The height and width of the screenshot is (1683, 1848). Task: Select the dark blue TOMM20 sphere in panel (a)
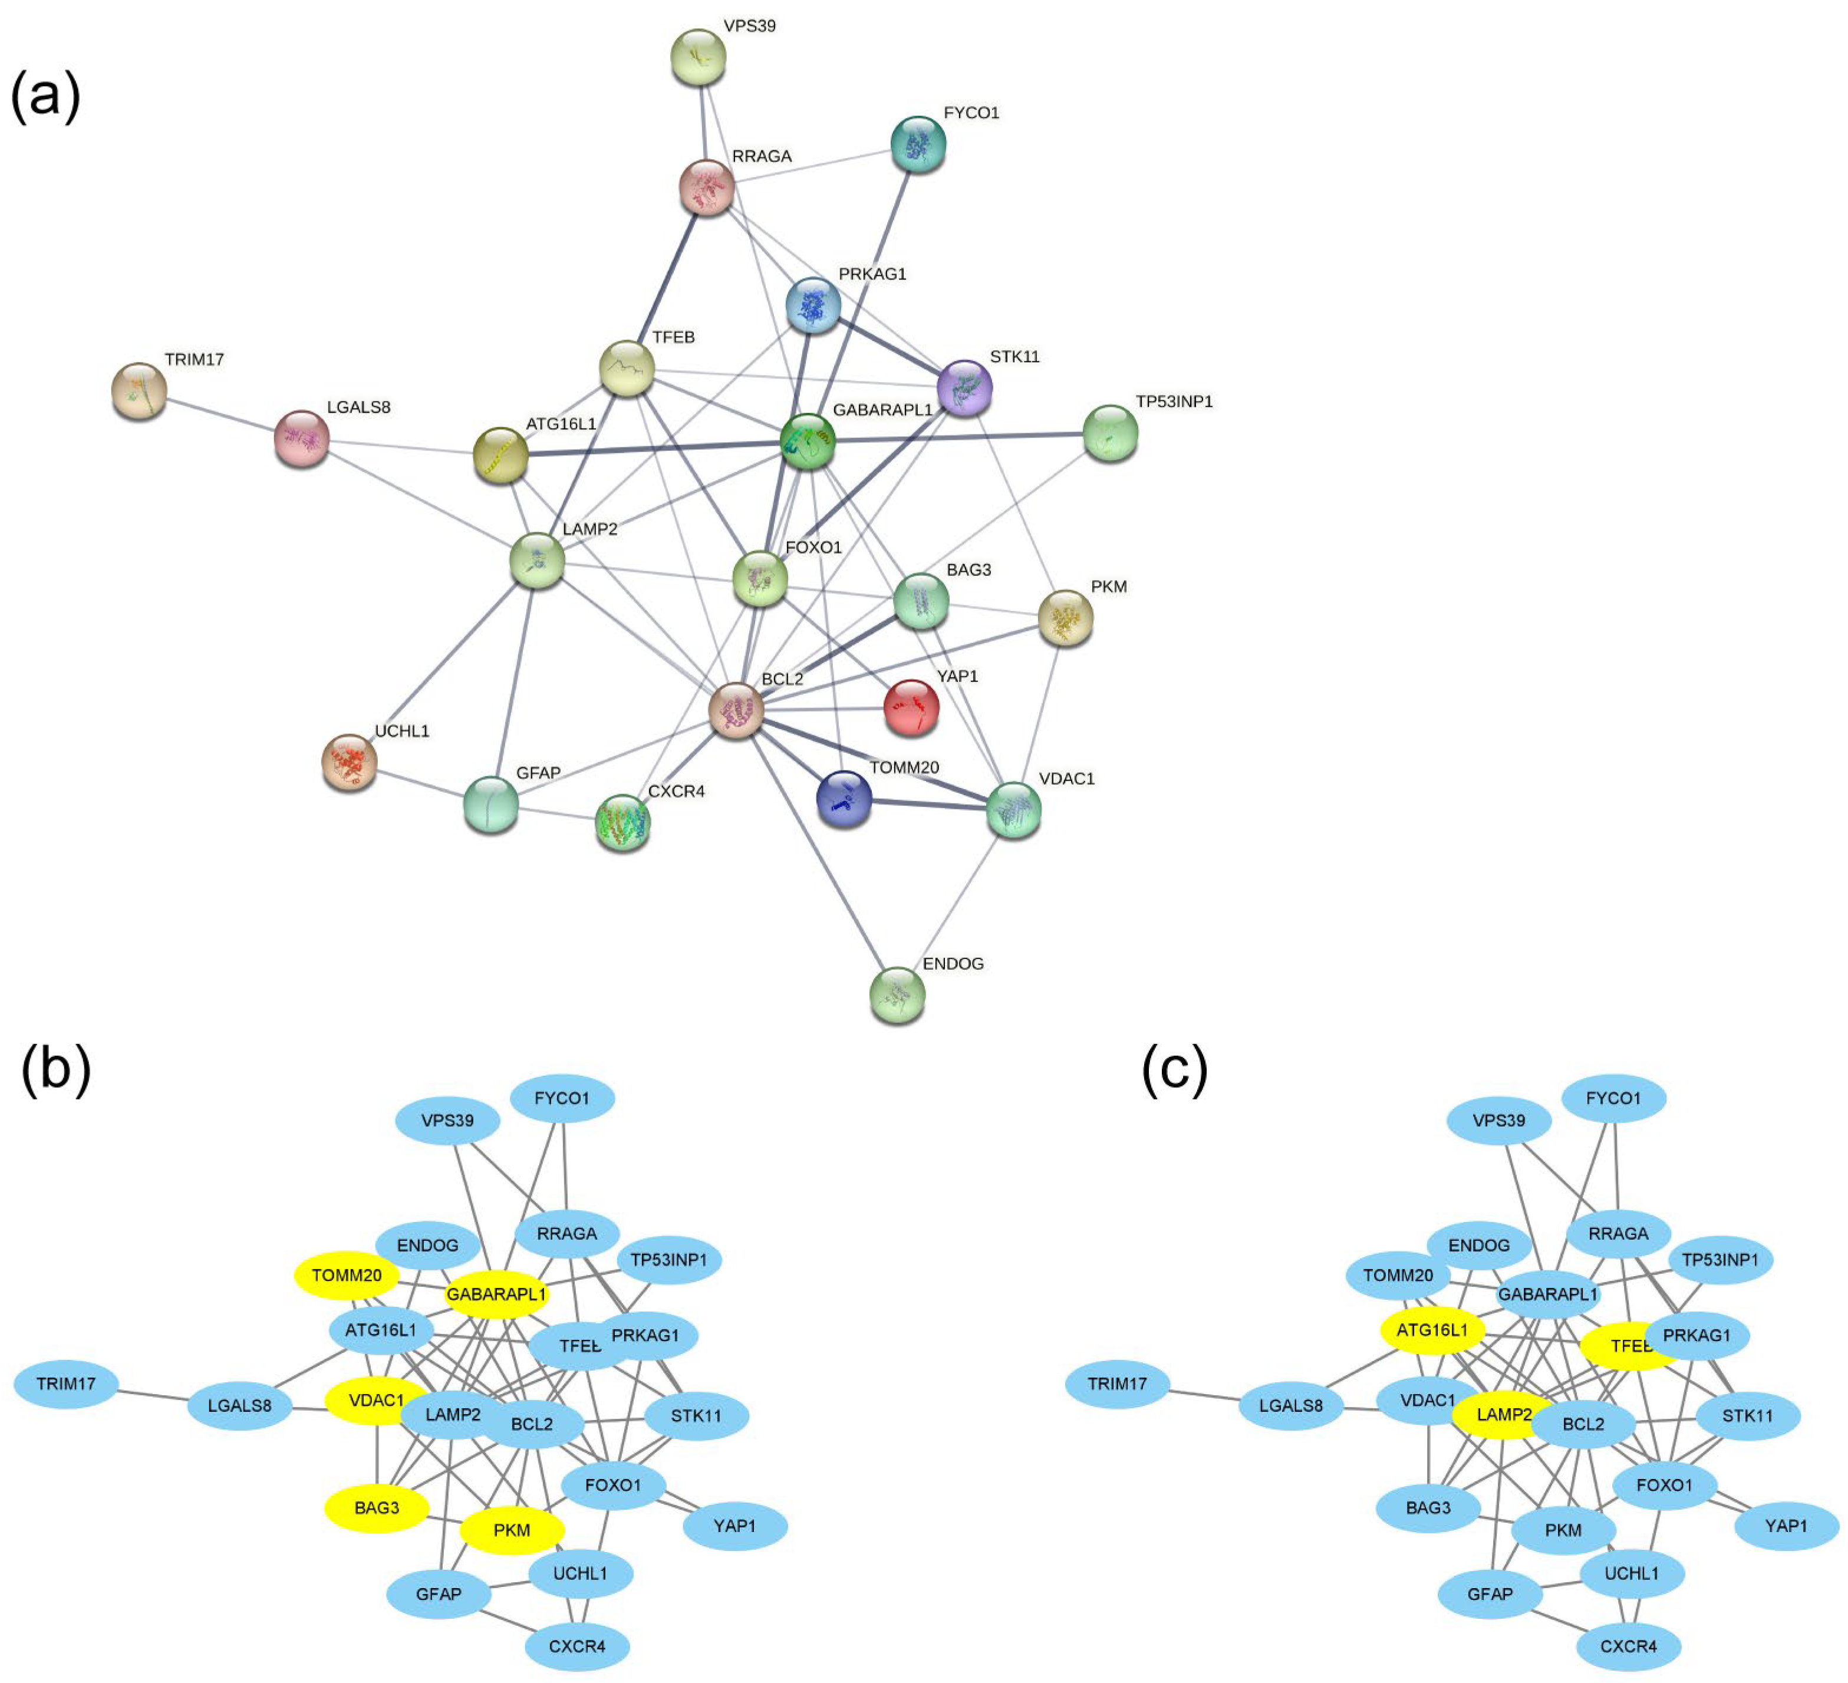tap(844, 798)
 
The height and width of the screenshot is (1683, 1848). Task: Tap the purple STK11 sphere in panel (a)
tap(965, 388)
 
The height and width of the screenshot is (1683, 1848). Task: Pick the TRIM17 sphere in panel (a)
tap(139, 390)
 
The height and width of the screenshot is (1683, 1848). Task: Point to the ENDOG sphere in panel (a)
tap(897, 994)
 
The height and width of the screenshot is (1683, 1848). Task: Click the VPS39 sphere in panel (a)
tap(699, 57)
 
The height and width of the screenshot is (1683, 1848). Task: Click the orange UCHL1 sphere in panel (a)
tap(349, 762)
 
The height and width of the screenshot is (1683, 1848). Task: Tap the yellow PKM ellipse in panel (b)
tap(512, 1530)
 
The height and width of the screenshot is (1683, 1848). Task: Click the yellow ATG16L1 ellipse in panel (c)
tap(1432, 1330)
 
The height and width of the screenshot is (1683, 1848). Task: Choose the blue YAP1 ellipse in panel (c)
tap(1786, 1526)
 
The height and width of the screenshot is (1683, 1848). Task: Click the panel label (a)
tap(46, 95)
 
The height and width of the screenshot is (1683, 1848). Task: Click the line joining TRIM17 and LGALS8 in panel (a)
tap(220, 414)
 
